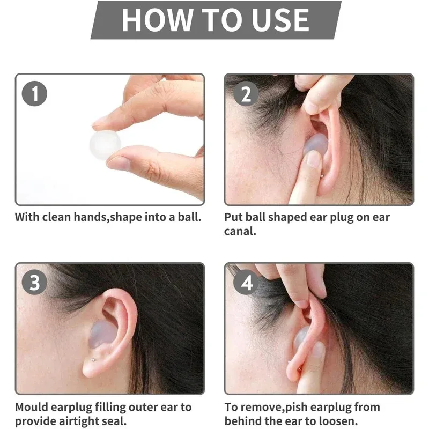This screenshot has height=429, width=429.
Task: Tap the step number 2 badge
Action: click(246, 94)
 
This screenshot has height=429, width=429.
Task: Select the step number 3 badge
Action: click(35, 283)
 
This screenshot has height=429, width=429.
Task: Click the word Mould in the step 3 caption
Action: click(31, 408)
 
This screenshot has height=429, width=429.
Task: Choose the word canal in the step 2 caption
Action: click(239, 232)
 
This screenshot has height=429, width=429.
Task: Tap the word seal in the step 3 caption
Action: click(119, 421)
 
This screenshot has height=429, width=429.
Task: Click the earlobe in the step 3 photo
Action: click(90, 367)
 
